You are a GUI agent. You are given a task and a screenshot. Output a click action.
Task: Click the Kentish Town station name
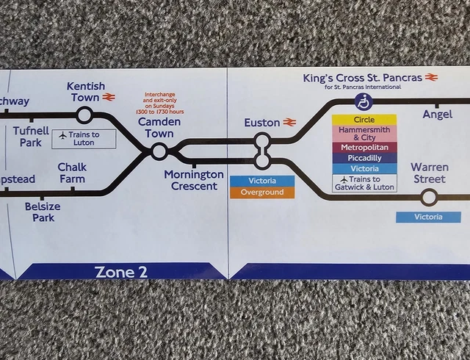(85, 92)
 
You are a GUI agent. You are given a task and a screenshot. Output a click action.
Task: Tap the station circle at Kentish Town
(84, 115)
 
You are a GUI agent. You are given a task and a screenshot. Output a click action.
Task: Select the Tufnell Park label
(31, 137)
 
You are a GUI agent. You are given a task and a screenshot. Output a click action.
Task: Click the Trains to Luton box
(84, 138)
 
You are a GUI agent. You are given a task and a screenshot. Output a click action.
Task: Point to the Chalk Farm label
(72, 173)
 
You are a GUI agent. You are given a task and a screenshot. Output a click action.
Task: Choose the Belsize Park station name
(43, 212)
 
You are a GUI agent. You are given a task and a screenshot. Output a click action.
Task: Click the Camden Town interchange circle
(159, 151)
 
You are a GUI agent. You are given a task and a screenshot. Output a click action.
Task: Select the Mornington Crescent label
(194, 180)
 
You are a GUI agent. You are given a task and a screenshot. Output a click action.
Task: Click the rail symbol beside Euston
(290, 122)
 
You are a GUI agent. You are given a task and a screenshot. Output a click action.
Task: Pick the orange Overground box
(262, 192)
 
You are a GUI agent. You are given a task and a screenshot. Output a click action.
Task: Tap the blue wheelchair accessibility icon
(364, 101)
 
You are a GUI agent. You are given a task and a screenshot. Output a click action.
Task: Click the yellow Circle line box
(364, 120)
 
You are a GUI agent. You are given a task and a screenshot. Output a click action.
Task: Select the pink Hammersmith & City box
(364, 133)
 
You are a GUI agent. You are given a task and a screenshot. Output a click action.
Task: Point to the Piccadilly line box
(364, 158)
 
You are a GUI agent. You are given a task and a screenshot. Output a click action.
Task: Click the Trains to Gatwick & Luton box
(364, 183)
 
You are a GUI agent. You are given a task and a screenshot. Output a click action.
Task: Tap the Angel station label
(438, 114)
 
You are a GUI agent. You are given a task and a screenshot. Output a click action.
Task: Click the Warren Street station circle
(429, 196)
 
